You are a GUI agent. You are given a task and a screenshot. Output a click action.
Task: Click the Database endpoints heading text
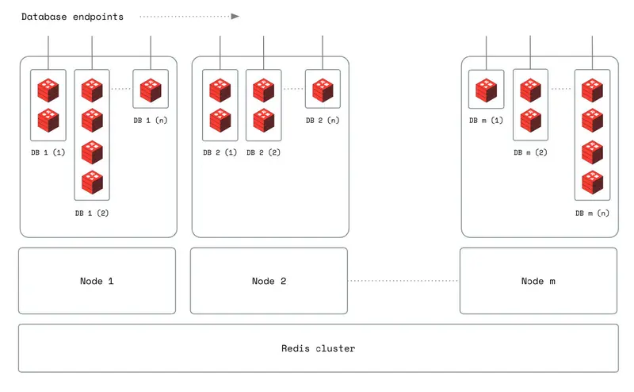point(72,17)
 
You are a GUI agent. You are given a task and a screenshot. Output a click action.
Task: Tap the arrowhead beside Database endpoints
point(235,17)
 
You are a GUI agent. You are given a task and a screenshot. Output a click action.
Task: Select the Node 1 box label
point(97,281)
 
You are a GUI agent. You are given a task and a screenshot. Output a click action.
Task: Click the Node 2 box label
point(269,281)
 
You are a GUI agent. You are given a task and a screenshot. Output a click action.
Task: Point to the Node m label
point(538,281)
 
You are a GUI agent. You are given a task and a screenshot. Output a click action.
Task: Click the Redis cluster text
point(319,348)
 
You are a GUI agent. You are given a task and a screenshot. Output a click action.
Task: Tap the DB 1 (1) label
point(48,152)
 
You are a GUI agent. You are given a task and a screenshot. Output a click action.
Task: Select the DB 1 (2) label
point(92,213)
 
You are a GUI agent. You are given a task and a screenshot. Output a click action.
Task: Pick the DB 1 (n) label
point(151,121)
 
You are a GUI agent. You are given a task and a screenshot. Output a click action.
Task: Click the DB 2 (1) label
point(220,152)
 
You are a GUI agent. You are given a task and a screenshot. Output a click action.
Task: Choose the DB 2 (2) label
point(264,152)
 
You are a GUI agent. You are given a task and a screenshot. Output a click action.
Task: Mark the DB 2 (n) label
point(323,121)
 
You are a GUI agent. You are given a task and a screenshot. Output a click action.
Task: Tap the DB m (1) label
point(486,121)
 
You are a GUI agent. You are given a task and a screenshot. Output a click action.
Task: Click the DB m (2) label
point(530,152)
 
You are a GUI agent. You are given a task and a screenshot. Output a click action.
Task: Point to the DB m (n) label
point(592,213)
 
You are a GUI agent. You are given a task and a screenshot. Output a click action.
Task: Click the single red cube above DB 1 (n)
point(151,90)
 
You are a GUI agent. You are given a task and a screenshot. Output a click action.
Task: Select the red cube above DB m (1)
point(487,90)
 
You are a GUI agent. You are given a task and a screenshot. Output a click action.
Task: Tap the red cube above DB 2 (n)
point(323,90)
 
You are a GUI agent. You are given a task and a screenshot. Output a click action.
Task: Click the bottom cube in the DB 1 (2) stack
point(92,183)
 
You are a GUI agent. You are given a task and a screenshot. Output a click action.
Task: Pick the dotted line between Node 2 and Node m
point(403,281)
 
